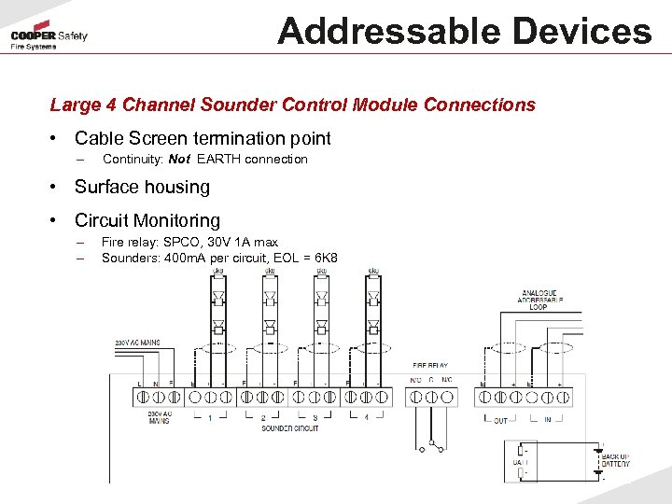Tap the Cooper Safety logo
(x=49, y=40)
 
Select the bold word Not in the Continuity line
(x=179, y=160)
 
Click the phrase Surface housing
(x=142, y=188)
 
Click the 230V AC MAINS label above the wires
(x=136, y=343)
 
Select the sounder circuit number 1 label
(x=209, y=417)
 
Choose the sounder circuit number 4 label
(x=366, y=417)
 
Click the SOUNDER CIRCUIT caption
(x=289, y=427)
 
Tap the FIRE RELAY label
(x=429, y=366)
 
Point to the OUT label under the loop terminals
(x=500, y=421)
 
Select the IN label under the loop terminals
(x=549, y=421)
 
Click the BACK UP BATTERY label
(x=615, y=460)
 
